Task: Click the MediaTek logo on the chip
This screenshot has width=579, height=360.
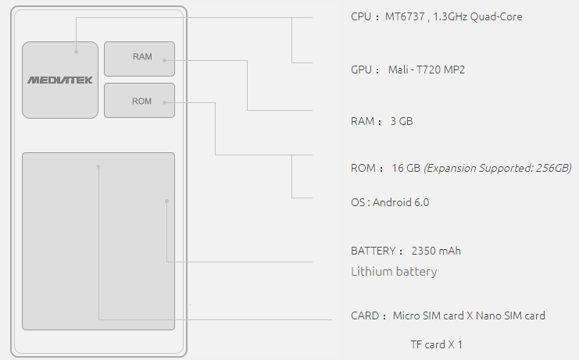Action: (60, 80)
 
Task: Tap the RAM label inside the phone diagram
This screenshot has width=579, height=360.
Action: (142, 57)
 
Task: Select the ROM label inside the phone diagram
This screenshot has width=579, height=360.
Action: (141, 102)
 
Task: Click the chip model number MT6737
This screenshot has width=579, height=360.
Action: (405, 16)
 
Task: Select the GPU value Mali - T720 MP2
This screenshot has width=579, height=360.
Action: (427, 70)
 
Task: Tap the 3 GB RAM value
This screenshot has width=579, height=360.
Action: (402, 121)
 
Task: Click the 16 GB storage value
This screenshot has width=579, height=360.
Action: (406, 168)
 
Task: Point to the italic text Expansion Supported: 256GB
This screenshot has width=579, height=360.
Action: (498, 168)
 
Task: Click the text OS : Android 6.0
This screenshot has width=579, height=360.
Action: (390, 202)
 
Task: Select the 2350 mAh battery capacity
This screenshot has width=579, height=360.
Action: (436, 251)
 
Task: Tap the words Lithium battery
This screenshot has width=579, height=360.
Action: (394, 272)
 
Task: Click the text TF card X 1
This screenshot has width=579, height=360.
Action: (437, 344)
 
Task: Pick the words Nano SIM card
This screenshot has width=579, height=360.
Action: (510, 315)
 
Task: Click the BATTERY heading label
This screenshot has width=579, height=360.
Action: (373, 251)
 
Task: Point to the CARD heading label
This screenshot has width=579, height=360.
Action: (365, 315)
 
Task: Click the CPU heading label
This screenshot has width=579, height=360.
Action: (361, 16)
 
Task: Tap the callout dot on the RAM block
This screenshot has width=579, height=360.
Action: (164, 60)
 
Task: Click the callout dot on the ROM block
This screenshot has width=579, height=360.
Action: (164, 102)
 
